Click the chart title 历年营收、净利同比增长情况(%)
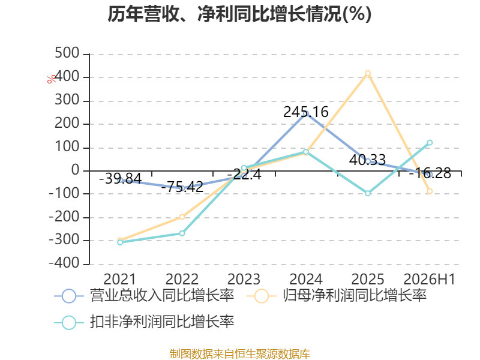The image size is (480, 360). coord(239,14)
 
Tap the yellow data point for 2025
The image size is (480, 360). coord(368,73)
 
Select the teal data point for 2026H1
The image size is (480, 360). coord(430,143)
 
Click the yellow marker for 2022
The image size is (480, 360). coord(182,217)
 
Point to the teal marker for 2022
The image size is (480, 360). coord(182,233)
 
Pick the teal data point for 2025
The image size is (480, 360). coord(368,193)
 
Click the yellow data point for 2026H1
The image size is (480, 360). coord(430,191)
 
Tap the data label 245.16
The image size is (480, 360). coord(306,112)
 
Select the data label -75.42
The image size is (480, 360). coord(182,187)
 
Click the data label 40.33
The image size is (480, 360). coord(367,160)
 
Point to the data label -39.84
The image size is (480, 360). coord(121,178)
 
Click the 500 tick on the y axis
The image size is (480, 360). coord(67,53)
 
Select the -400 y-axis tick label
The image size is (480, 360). coord(64,263)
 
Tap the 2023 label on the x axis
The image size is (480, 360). coord(244,279)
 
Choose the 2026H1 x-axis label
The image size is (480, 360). coord(430,279)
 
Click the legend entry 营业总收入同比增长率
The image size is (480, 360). coord(144,296)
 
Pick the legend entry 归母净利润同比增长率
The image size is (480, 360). coord(337,296)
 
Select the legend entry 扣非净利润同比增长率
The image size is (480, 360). coord(144,322)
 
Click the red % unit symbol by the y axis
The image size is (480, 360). coord(52,79)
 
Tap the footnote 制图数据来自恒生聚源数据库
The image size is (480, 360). coord(240,354)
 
